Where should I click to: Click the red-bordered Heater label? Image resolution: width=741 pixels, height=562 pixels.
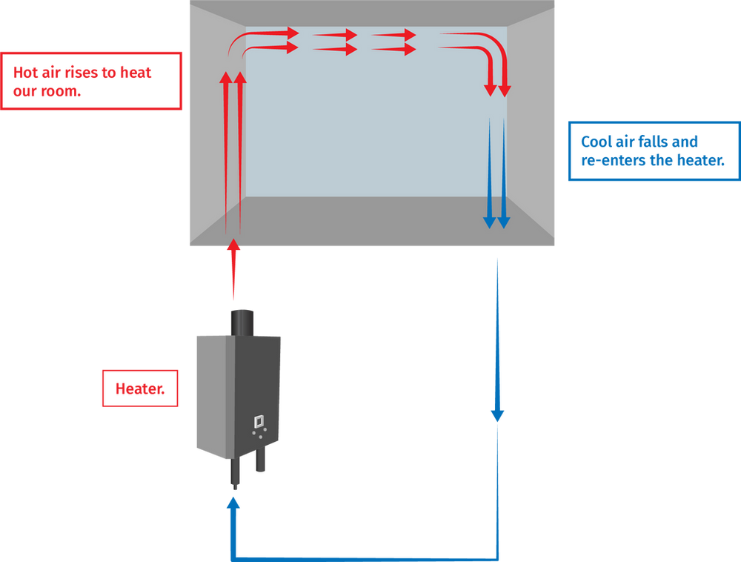coord(140,387)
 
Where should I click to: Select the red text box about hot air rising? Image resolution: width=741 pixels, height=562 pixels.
coord(92,81)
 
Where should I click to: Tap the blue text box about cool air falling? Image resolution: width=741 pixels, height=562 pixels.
coord(652,151)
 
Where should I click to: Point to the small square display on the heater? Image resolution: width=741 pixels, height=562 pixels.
coord(258,421)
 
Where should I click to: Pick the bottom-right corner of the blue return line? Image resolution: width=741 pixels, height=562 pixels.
coord(499,555)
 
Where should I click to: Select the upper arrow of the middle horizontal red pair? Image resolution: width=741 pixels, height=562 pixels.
coord(335,34)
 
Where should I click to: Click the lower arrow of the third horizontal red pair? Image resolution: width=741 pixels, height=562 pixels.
coord(393,49)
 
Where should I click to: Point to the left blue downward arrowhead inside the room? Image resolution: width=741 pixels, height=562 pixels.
coord(490,221)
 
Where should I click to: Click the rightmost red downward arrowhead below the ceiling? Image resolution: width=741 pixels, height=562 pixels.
coord(505,90)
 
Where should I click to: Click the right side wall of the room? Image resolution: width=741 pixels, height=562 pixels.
coord(532,122)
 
